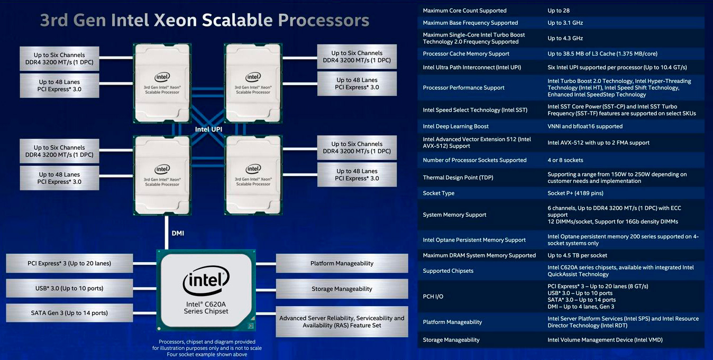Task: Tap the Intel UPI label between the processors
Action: click(208, 129)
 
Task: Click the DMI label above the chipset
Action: click(178, 233)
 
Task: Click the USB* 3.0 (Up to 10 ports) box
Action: click(69, 288)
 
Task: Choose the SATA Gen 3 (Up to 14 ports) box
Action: click(69, 313)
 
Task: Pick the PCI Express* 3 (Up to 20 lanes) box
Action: click(69, 263)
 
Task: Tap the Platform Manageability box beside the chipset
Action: click(342, 263)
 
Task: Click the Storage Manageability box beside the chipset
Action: click(342, 289)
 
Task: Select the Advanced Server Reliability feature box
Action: click(342, 321)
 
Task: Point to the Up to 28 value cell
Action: click(559, 11)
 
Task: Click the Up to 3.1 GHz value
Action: click(565, 23)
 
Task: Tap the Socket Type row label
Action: click(438, 193)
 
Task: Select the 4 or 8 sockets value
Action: click(565, 160)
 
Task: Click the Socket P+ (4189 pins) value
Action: click(575, 193)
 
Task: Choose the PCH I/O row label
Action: click(433, 297)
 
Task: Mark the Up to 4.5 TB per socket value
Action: click(577, 255)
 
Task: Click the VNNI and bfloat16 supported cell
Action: click(585, 126)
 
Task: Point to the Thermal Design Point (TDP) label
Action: click(458, 178)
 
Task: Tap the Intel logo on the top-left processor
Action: click(162, 77)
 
